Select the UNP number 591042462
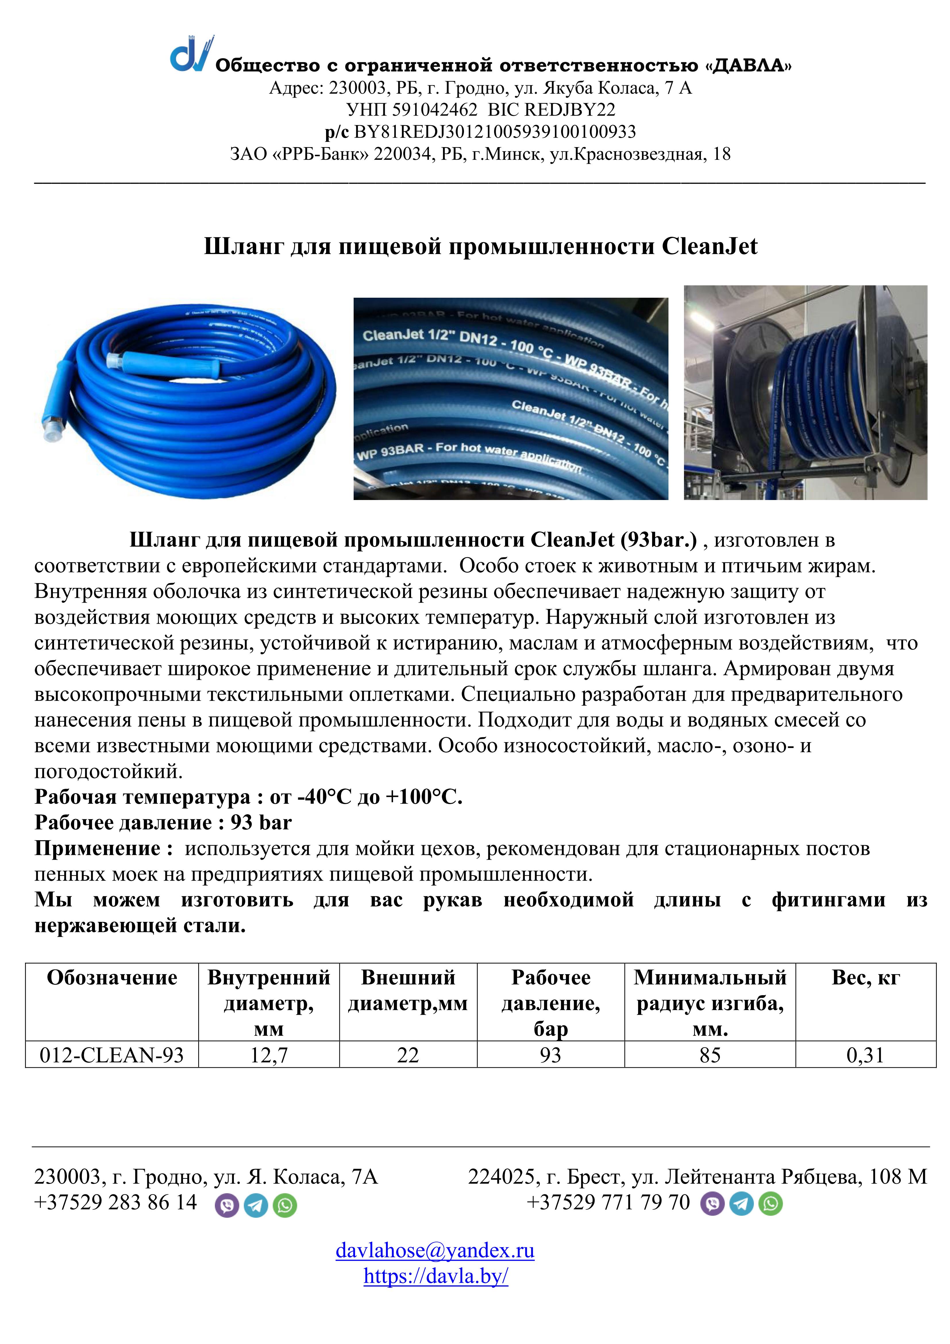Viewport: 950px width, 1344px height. point(434,110)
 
